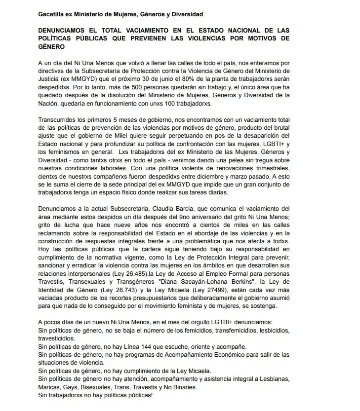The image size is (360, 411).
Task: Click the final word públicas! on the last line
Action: pos(137,395)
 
